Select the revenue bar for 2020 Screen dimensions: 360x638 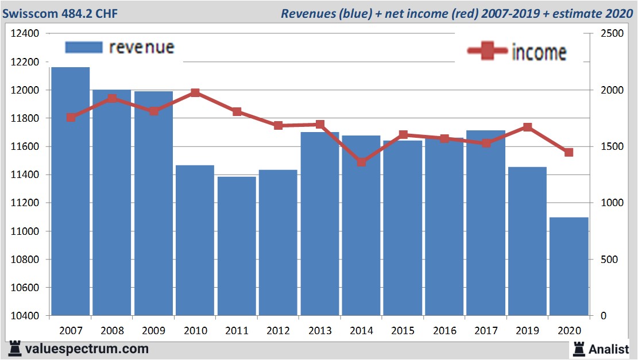click(569, 266)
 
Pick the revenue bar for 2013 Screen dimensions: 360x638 click(320, 224)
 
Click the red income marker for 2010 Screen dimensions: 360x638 click(195, 92)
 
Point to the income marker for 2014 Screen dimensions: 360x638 click(361, 162)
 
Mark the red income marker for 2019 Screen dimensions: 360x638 click(527, 127)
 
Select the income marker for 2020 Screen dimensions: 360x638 click(569, 152)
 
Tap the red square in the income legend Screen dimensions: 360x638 click(488, 51)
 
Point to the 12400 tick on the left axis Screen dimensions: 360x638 click(25, 34)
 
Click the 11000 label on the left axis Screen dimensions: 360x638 click(25, 231)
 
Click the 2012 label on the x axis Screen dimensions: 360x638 click(278, 331)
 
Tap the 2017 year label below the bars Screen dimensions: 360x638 click(485, 331)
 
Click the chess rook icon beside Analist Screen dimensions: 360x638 click(579, 349)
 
